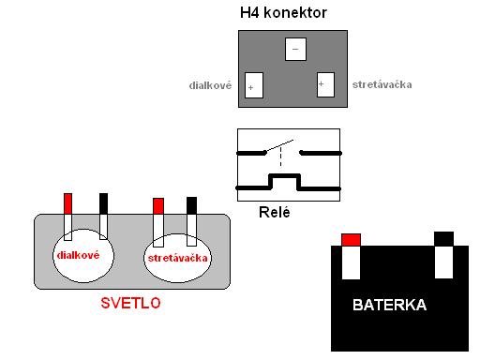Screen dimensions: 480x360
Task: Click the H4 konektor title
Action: point(283,13)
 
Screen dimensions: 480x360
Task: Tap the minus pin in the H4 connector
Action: point(295,49)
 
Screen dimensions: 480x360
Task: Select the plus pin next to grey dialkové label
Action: point(254,85)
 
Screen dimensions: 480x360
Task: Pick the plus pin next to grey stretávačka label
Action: point(325,84)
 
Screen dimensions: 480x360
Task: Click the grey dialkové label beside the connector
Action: point(210,85)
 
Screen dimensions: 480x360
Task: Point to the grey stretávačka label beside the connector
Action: point(382,84)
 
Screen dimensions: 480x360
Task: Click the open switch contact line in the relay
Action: point(279,146)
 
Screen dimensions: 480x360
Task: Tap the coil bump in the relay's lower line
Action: point(284,182)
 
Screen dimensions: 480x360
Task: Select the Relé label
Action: point(275,212)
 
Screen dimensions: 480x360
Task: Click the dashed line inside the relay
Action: point(280,157)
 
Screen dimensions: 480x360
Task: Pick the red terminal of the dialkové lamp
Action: point(67,203)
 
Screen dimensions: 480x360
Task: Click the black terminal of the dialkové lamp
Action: point(103,203)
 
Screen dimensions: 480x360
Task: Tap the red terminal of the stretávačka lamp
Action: point(158,206)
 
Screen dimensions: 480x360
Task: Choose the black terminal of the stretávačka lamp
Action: point(191,205)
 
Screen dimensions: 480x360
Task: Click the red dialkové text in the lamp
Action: point(78,255)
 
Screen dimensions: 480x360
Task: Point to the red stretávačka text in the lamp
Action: point(177,258)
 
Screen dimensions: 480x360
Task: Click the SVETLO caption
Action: point(130,303)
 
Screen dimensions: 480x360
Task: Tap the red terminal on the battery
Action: point(351,240)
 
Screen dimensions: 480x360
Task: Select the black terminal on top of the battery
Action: point(443,239)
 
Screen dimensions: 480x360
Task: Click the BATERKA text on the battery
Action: point(389,305)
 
